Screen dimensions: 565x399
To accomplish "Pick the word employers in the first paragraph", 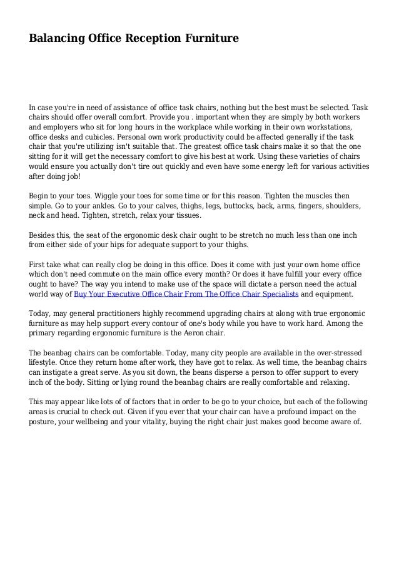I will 69,127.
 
